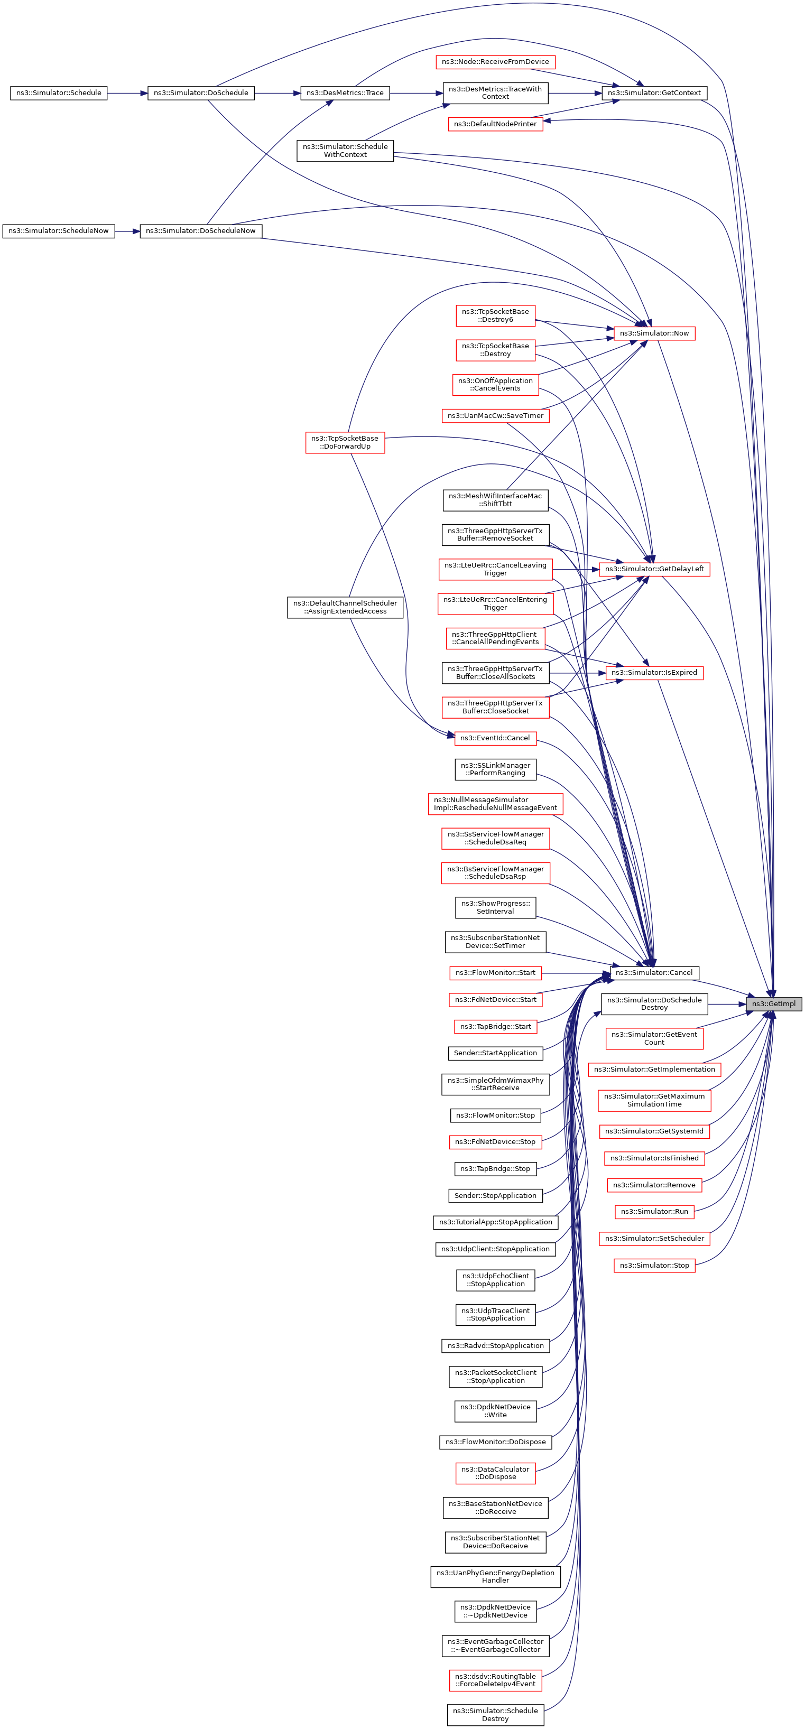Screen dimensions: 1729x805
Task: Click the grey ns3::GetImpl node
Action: point(773,1003)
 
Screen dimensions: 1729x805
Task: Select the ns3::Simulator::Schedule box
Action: point(59,92)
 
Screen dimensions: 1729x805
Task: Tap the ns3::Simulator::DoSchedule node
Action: point(201,92)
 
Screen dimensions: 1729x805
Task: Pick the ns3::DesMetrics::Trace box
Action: point(345,92)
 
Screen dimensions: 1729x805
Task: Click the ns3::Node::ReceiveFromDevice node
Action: point(495,62)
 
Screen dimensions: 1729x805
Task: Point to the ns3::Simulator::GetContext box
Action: point(654,92)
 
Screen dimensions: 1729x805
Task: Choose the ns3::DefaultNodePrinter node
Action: point(495,124)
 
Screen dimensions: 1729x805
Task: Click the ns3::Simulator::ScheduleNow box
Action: point(59,231)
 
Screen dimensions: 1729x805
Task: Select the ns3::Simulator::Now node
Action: point(654,333)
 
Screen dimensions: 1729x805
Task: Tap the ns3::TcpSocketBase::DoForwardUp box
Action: point(345,442)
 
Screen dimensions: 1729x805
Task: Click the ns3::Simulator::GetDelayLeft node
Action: point(654,569)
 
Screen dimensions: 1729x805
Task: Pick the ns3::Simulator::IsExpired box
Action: point(654,673)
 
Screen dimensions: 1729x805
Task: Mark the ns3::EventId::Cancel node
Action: point(495,738)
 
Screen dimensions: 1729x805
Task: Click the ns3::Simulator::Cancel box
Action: point(654,972)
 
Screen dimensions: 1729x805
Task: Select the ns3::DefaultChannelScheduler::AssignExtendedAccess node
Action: point(345,608)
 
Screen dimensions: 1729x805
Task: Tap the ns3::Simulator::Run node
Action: point(654,1212)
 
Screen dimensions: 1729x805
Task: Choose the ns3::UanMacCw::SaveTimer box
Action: point(495,416)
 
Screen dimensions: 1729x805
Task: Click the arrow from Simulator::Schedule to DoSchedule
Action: point(127,92)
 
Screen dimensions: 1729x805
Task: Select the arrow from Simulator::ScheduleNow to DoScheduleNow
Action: point(127,231)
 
